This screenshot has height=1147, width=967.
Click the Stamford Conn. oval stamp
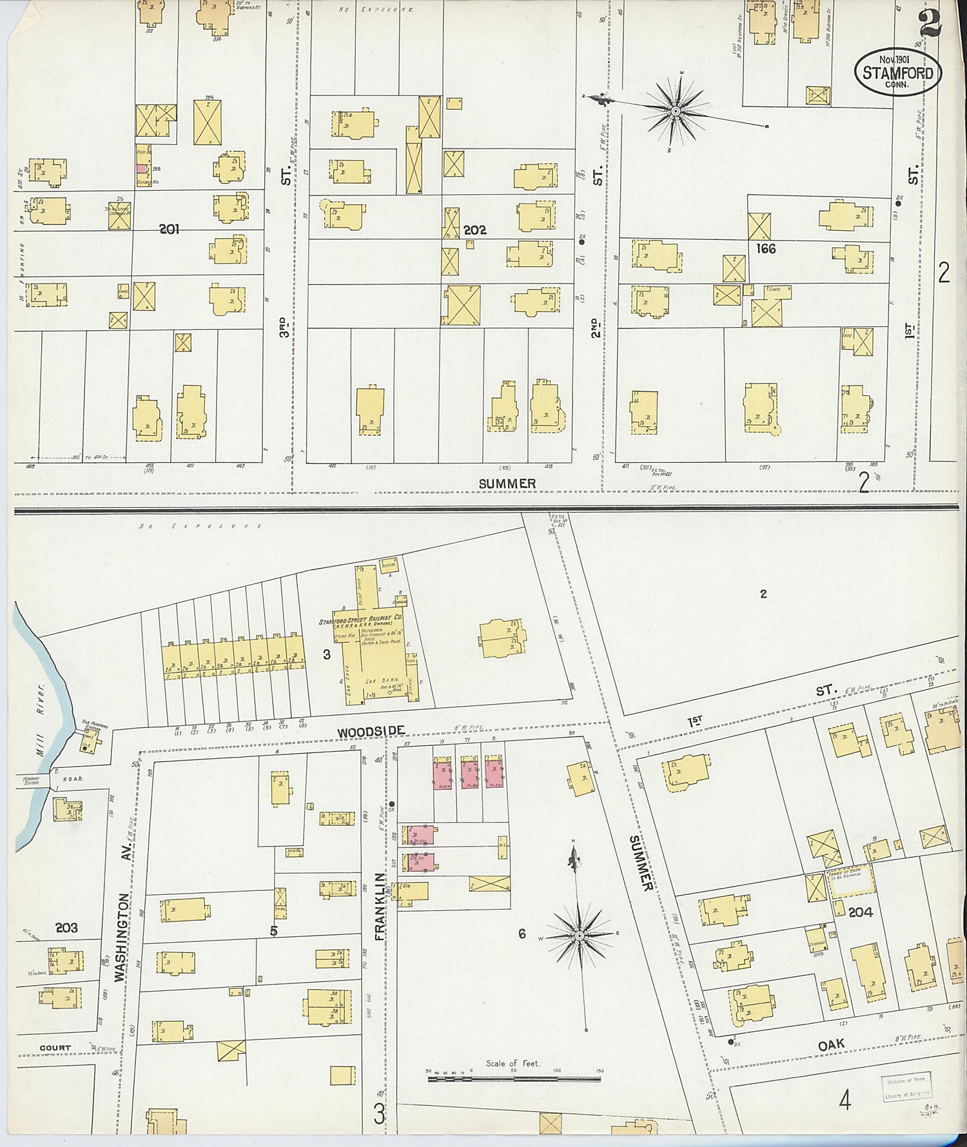[898, 72]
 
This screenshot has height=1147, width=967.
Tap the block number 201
[170, 229]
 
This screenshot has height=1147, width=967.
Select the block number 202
[474, 230]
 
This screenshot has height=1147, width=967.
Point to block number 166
[766, 248]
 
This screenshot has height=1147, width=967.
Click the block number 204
[861, 912]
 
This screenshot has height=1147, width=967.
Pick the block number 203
[66, 928]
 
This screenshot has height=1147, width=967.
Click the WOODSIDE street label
[371, 731]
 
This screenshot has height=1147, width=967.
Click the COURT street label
[55, 1048]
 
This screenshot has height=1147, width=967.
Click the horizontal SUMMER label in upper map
[507, 484]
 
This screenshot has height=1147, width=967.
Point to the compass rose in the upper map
[675, 112]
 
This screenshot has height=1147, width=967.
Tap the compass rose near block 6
[580, 935]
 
